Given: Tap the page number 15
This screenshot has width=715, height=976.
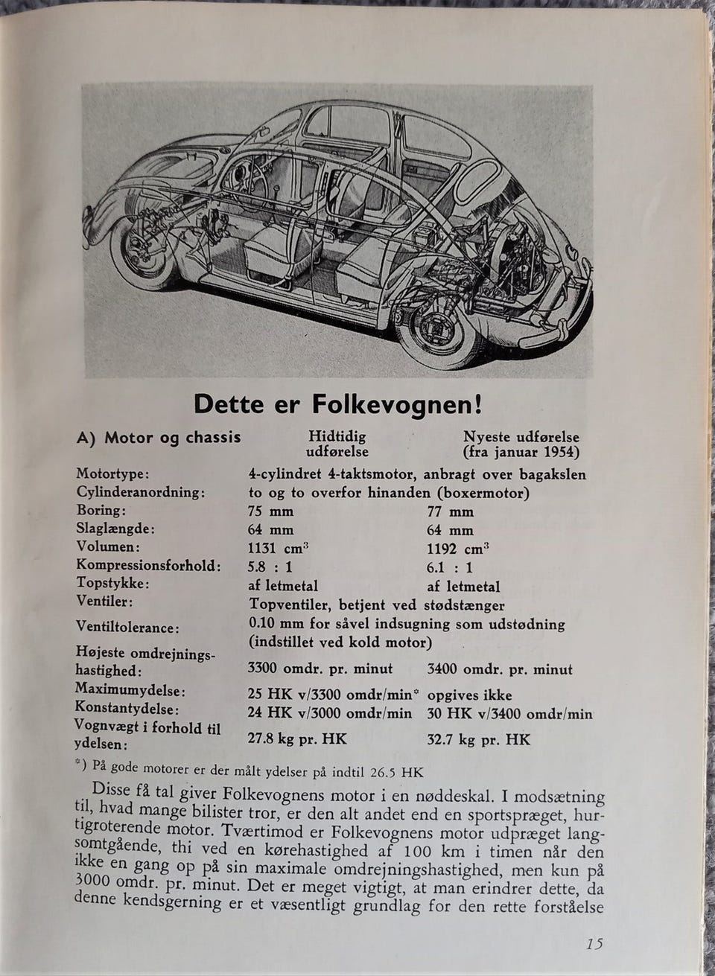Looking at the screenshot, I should (x=594, y=944).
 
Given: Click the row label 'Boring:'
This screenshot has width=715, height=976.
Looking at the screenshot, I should (x=101, y=511).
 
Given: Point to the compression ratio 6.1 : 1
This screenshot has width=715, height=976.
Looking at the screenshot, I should (x=450, y=567).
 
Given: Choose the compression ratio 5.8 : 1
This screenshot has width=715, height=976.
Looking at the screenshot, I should (x=270, y=567).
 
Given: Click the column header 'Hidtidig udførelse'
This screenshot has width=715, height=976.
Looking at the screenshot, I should (x=337, y=444).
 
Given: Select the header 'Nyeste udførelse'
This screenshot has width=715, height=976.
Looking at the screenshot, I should (x=521, y=438).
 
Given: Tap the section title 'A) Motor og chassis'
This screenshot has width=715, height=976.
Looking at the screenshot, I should (x=159, y=438).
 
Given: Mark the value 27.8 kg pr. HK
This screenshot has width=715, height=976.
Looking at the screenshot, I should (x=296, y=739).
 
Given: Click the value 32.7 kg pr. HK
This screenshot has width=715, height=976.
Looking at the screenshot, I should (x=479, y=740).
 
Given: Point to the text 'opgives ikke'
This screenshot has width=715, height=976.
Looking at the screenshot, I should (x=469, y=695).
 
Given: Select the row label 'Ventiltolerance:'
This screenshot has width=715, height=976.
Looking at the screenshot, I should (x=127, y=628).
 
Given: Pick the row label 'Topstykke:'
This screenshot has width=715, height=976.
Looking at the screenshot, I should (x=112, y=584).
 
